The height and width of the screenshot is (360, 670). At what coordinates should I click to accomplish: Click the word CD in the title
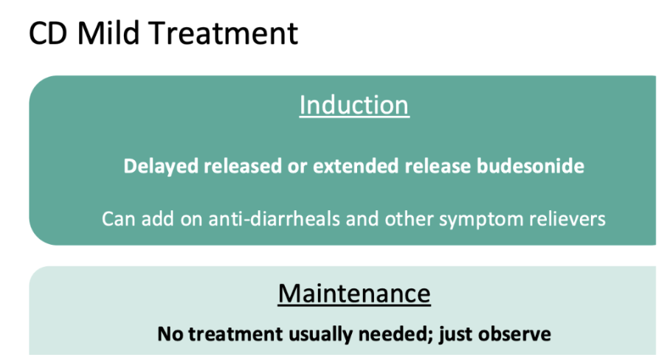click(x=48, y=33)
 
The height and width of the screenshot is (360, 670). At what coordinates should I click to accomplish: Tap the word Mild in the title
click(x=108, y=32)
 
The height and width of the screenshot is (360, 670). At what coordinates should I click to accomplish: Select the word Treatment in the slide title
click(x=224, y=33)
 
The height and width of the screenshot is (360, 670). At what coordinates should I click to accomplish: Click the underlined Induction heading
click(x=354, y=105)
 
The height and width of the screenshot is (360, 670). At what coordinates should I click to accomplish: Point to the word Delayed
click(x=161, y=167)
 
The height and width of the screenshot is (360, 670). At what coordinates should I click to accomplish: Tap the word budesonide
click(x=531, y=166)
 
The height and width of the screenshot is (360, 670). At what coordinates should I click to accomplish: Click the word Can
click(x=120, y=219)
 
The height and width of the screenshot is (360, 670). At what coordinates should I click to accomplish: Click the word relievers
click(x=567, y=219)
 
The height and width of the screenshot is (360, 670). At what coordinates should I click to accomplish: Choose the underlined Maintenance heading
click(x=354, y=294)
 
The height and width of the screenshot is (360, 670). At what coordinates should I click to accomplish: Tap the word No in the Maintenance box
click(x=170, y=334)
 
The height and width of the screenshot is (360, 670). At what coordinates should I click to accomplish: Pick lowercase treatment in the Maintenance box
click(x=235, y=334)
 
